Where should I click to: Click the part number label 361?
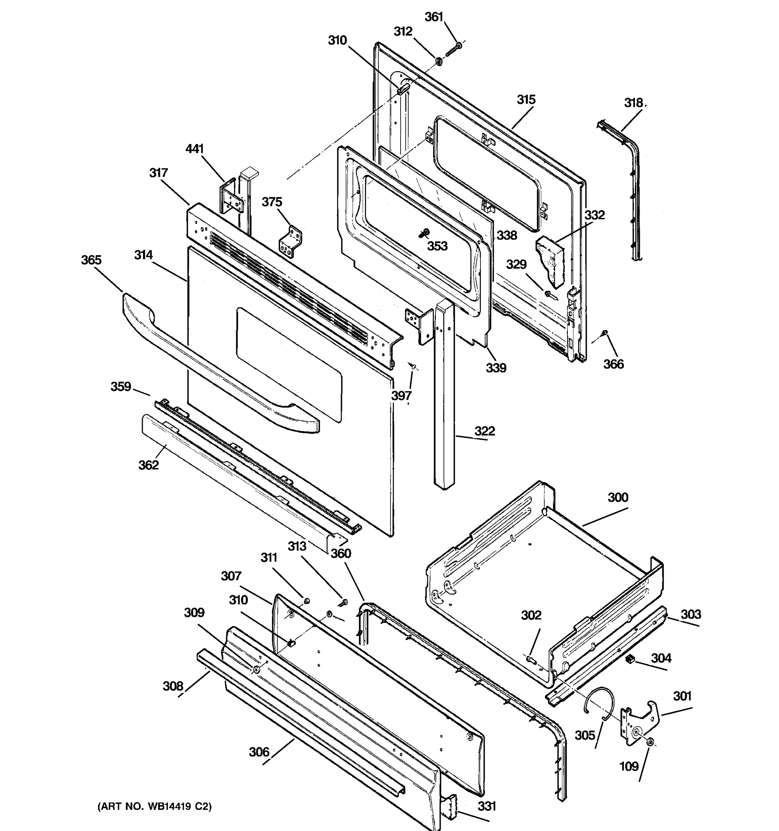click(x=433, y=17)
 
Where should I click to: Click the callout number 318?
click(x=634, y=102)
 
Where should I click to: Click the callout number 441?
click(x=194, y=149)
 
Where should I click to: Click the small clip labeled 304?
click(x=630, y=659)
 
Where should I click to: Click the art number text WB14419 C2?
click(x=155, y=806)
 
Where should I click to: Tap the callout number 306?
click(x=259, y=752)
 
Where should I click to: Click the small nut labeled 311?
click(x=306, y=601)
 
